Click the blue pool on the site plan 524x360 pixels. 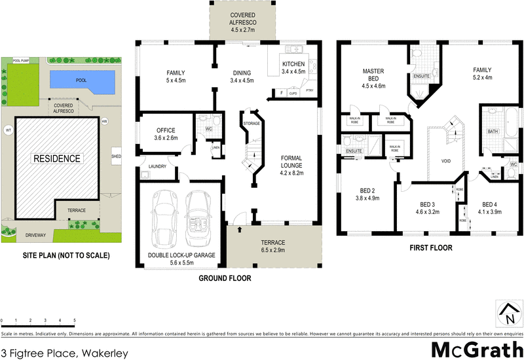(x=83, y=81)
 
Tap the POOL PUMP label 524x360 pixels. (x=22, y=59)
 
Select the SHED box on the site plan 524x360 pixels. (x=117, y=156)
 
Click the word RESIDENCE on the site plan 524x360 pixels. (x=58, y=158)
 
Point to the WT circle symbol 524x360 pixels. (x=9, y=129)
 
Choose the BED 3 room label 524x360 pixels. (x=426, y=207)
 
